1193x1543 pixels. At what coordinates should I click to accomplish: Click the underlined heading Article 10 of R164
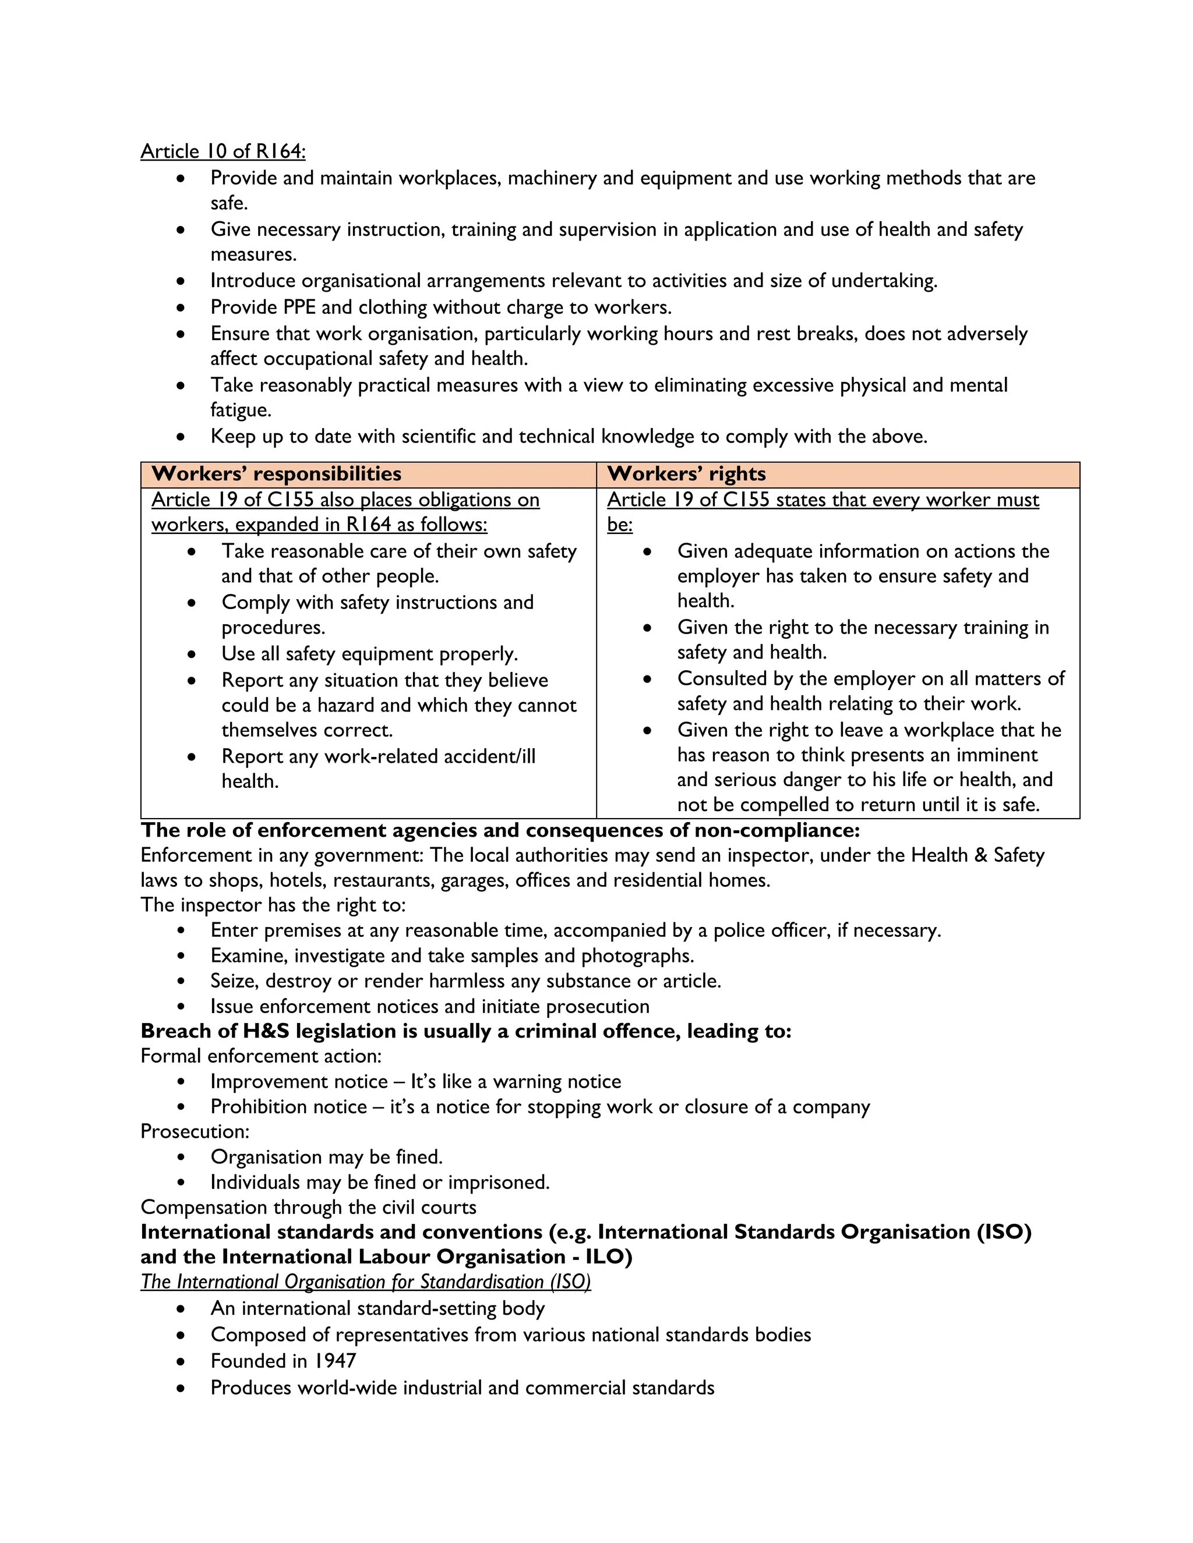[223, 151]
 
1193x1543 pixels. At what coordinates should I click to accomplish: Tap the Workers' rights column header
[686, 473]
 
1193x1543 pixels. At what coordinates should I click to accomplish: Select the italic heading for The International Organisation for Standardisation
[365, 1282]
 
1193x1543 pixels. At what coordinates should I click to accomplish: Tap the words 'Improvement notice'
[299, 1082]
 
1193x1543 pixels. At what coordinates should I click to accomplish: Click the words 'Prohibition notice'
[288, 1106]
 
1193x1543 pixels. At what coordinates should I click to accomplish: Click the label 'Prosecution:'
[195, 1131]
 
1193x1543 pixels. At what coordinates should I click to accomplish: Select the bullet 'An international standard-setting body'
[377, 1308]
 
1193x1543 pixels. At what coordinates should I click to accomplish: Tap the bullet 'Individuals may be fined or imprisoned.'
[380, 1182]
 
